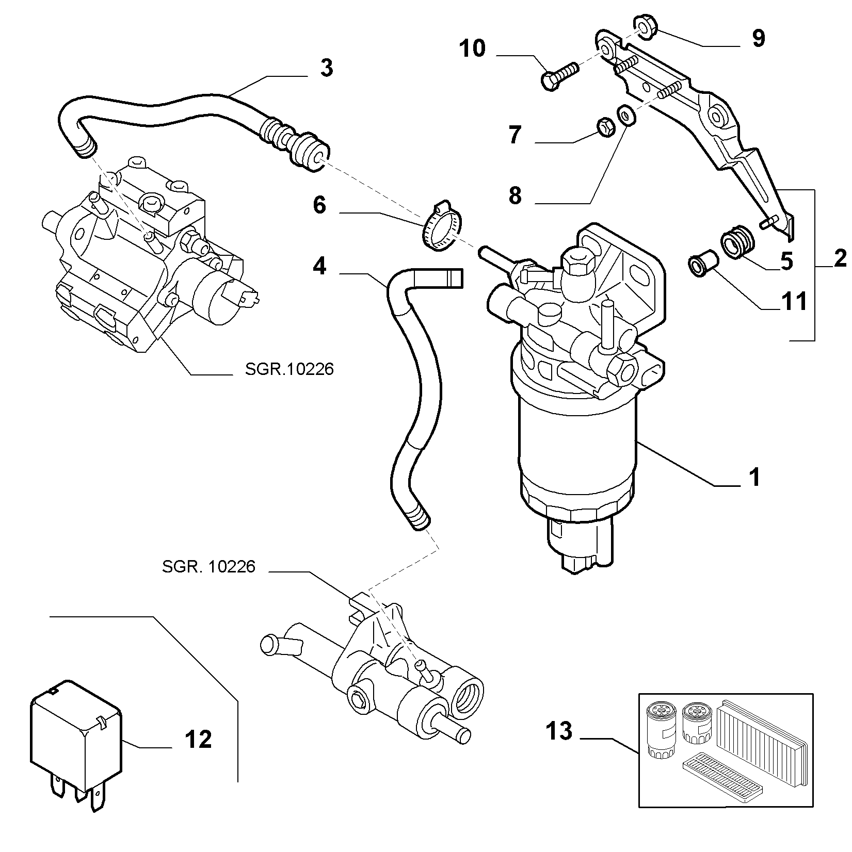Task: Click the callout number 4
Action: click(x=319, y=266)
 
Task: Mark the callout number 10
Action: click(x=473, y=48)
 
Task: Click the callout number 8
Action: click(x=515, y=195)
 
